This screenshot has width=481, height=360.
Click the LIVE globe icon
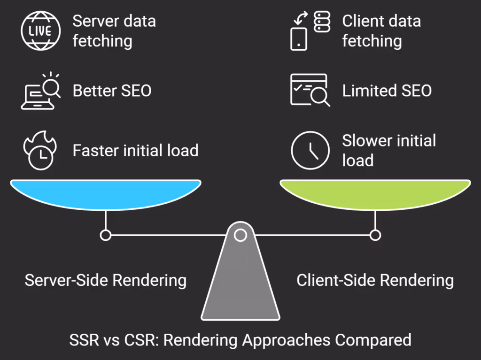pos(41,31)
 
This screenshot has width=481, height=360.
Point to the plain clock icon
pos(310,150)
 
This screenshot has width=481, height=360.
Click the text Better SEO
pos(112,91)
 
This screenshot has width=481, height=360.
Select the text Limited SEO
pos(387,91)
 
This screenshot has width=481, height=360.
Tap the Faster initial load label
pos(135,151)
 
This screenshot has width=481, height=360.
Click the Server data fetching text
pos(114,31)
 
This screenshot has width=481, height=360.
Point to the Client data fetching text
pos(381,31)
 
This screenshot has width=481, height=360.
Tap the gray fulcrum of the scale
pos(240,282)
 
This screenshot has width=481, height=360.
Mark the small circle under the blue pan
pos(106,235)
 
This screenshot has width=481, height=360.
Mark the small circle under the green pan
pos(375,235)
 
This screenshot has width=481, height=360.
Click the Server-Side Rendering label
pos(106,280)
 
